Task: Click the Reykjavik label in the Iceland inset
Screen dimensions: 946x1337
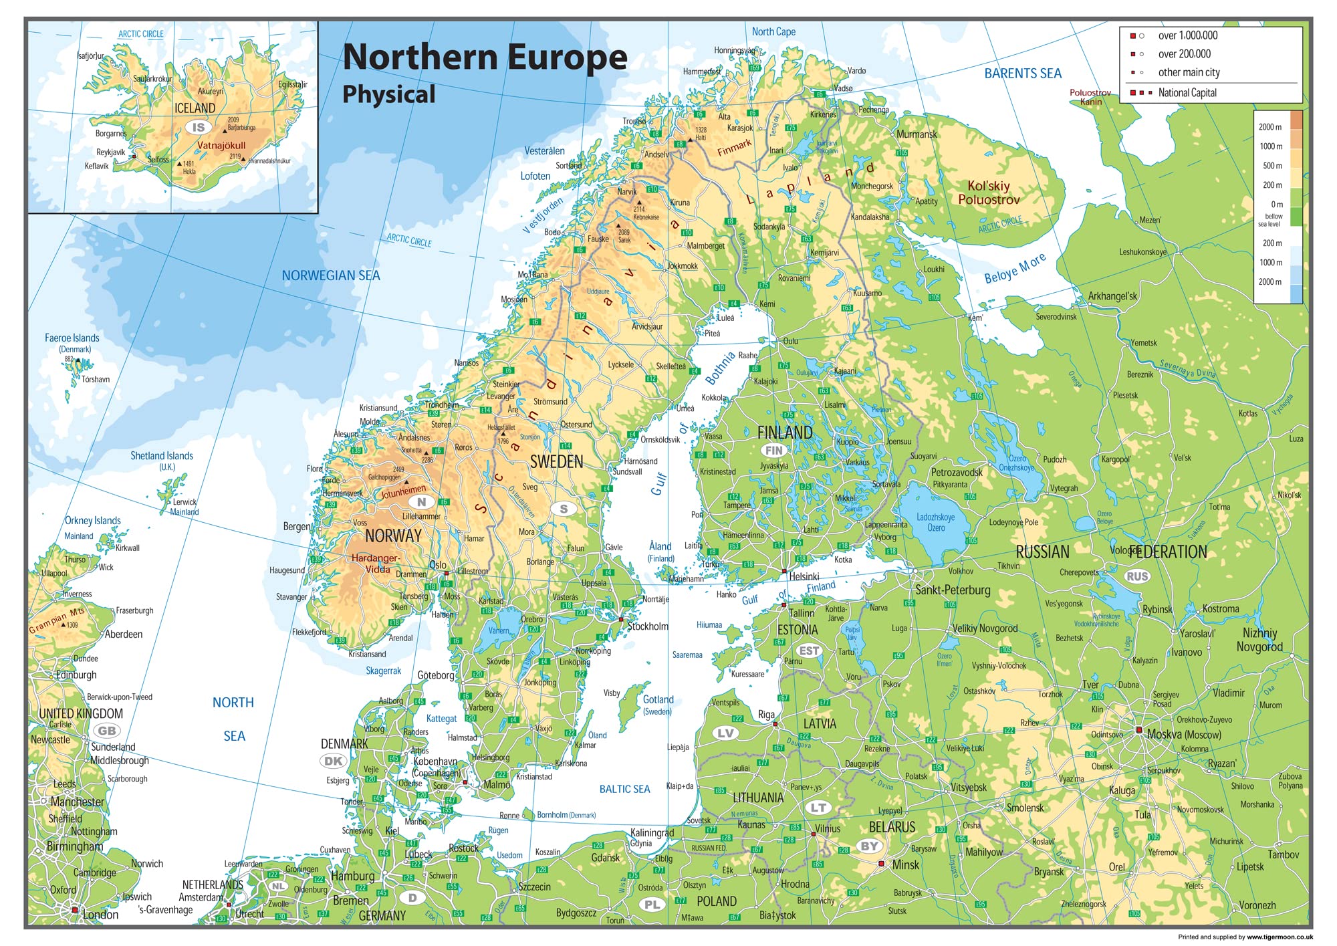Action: point(110,152)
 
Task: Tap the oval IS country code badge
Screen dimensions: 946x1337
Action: point(199,128)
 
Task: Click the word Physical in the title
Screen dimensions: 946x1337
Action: point(388,94)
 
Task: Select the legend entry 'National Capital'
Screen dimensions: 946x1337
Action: point(1187,93)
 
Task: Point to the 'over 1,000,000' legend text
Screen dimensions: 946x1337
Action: point(1187,35)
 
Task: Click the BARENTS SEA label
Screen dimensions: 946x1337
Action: point(1022,74)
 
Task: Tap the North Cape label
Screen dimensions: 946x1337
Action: point(773,31)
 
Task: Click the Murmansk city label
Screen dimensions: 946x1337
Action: point(917,134)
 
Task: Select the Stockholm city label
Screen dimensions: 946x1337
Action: point(647,626)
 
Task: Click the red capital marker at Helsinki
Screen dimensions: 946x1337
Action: point(785,571)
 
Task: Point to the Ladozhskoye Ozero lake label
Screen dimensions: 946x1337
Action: point(935,522)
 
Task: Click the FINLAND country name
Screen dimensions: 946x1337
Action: point(784,433)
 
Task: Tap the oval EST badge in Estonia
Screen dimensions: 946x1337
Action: point(809,651)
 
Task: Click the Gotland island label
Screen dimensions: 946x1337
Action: point(658,699)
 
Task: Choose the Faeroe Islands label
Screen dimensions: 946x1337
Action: point(72,338)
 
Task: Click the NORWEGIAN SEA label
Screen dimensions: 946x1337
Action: point(330,275)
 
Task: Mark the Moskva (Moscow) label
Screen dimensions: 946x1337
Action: point(1183,734)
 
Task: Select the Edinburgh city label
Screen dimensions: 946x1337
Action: point(76,675)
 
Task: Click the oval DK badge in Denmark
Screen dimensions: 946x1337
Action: point(333,761)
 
